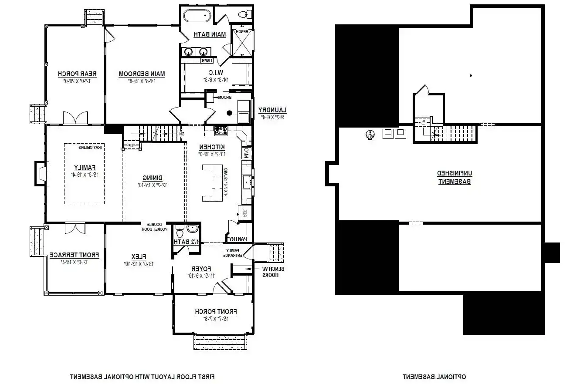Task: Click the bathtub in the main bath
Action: click(197, 16)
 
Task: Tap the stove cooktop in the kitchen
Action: click(221, 129)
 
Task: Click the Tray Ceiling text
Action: click(91, 148)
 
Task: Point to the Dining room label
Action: click(153, 178)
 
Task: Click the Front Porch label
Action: click(216, 311)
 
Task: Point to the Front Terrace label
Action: click(74, 255)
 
